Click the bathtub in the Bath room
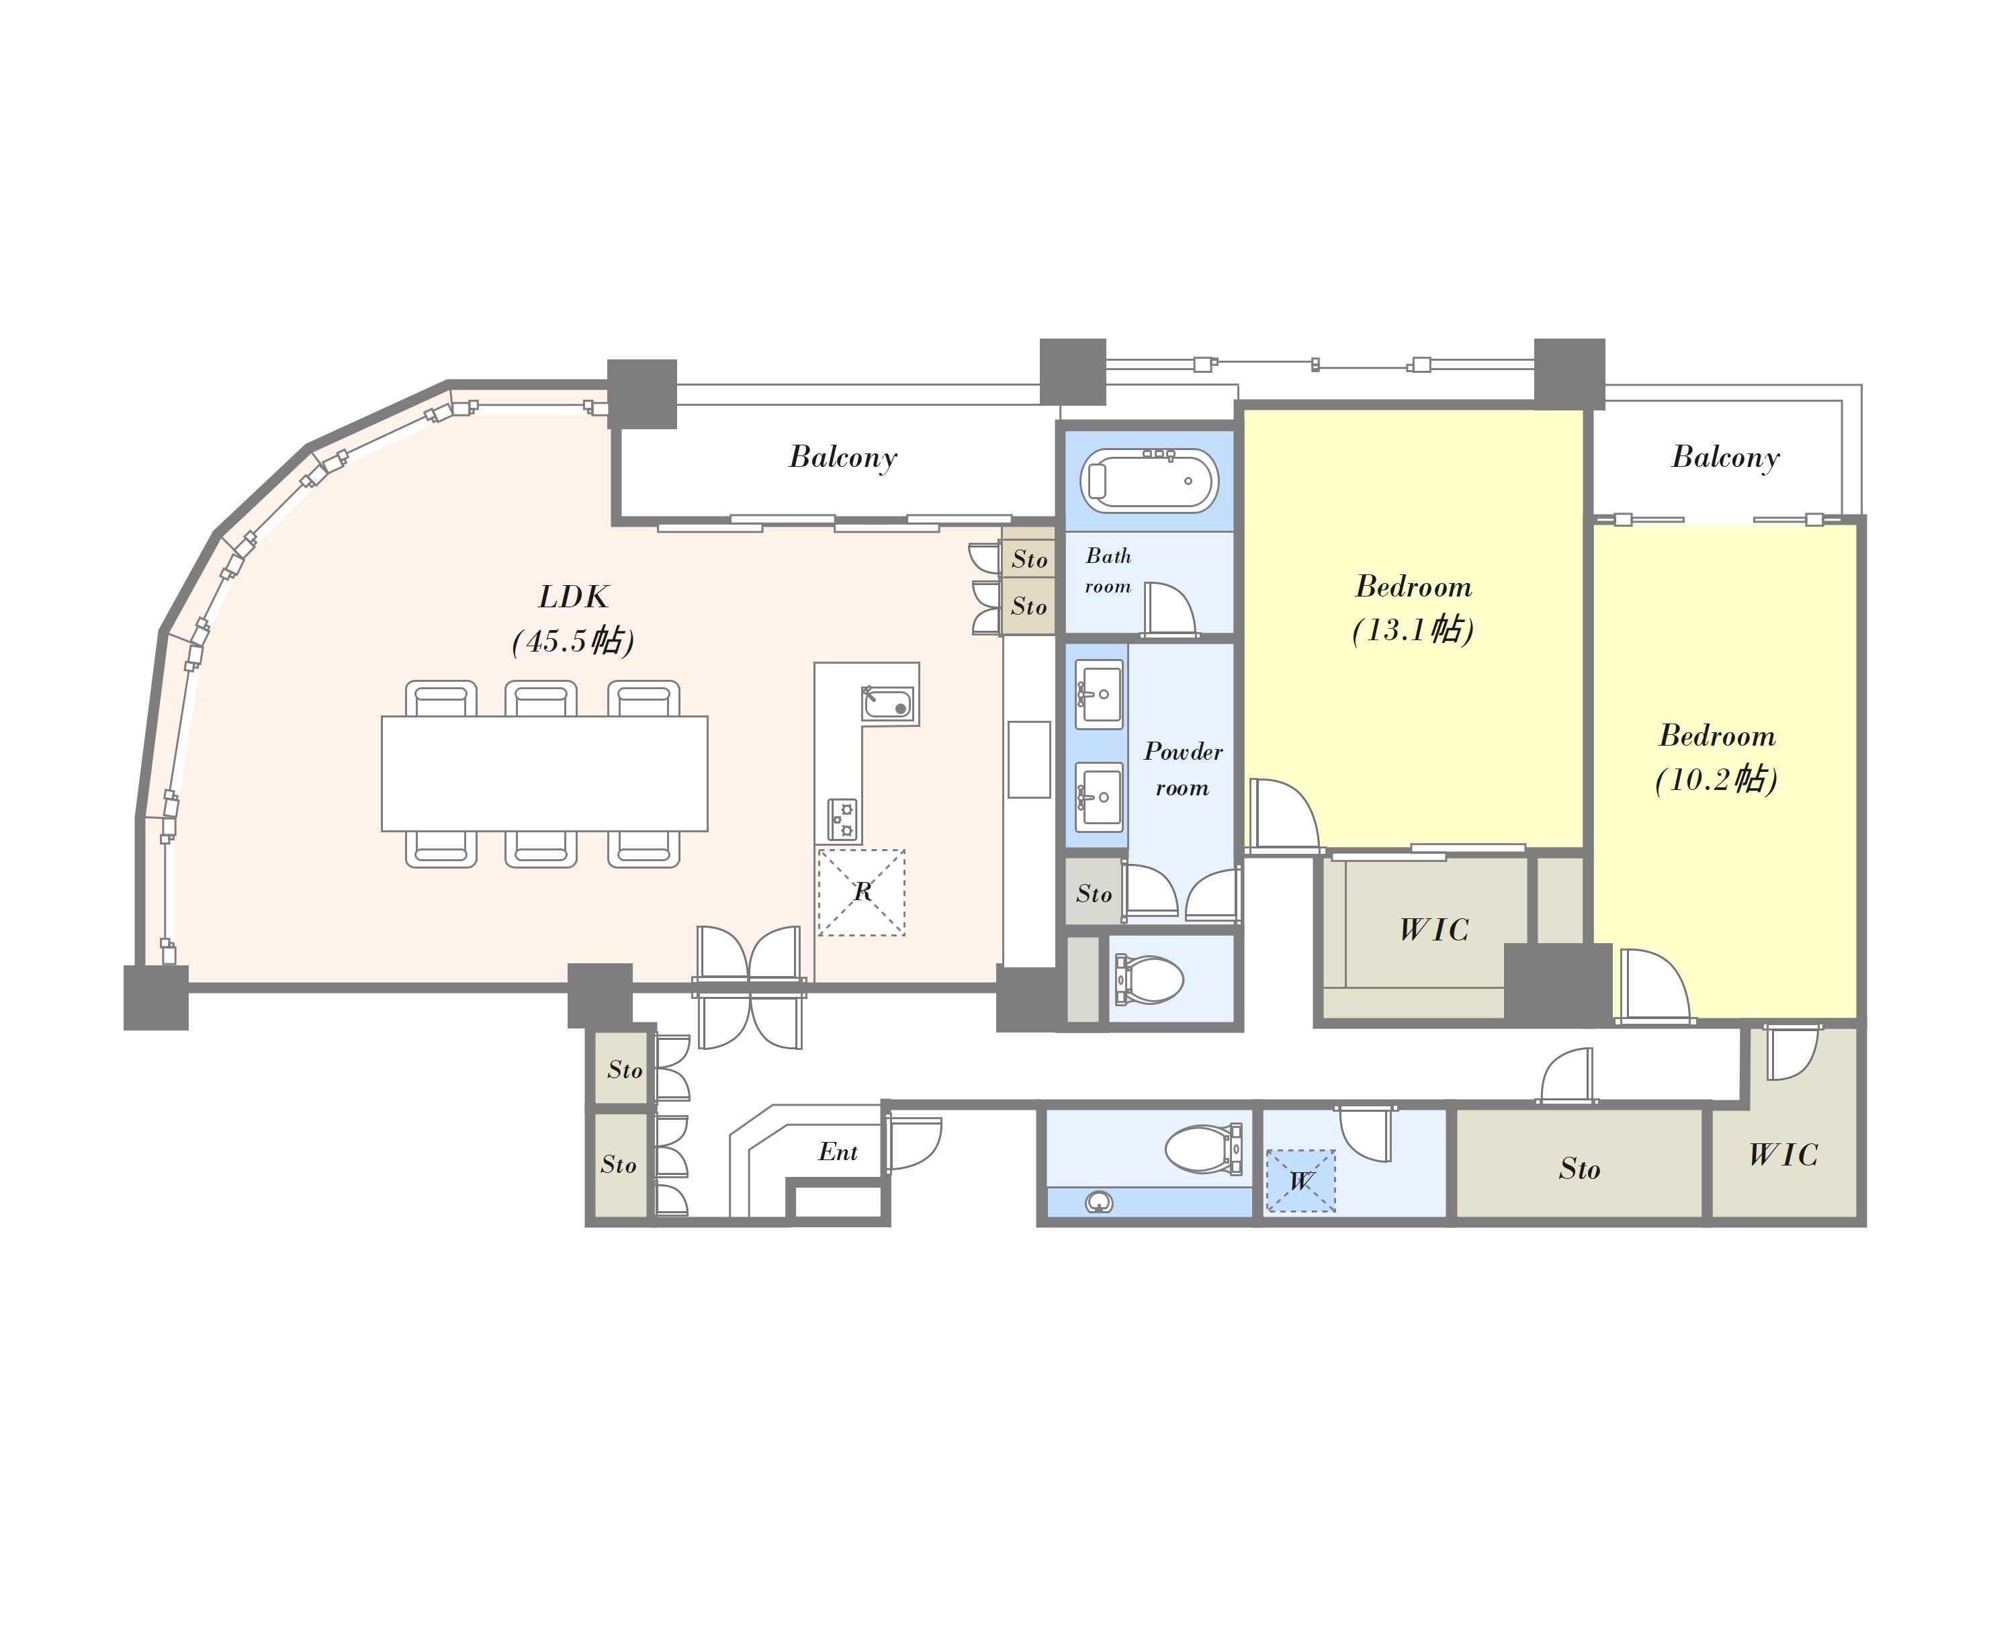tap(1149, 481)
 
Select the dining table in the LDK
tap(544, 773)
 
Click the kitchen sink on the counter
tap(887, 703)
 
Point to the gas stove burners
tap(842, 819)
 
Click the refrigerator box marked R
tap(862, 892)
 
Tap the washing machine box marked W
tap(1300, 1181)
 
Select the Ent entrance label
tap(838, 1152)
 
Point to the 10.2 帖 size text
tap(1716, 779)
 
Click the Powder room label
tap(1182, 769)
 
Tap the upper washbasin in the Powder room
tap(1099, 695)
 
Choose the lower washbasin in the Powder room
tap(1099, 797)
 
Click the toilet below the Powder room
tap(1149, 979)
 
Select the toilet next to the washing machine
tap(1204, 1148)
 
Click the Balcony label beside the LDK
tap(843, 457)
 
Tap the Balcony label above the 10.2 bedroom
tap(1726, 457)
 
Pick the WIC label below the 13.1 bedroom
tap(1433, 930)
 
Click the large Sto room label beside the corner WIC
tap(1580, 1169)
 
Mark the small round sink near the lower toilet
tap(1098, 1202)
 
